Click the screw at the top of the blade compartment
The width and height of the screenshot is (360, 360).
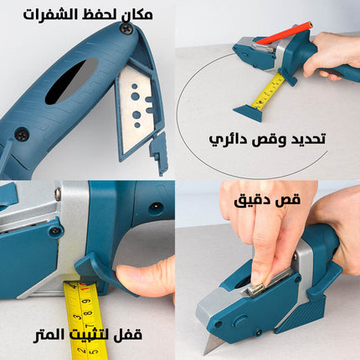[x=126, y=28]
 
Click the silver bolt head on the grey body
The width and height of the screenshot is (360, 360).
[x=57, y=195]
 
